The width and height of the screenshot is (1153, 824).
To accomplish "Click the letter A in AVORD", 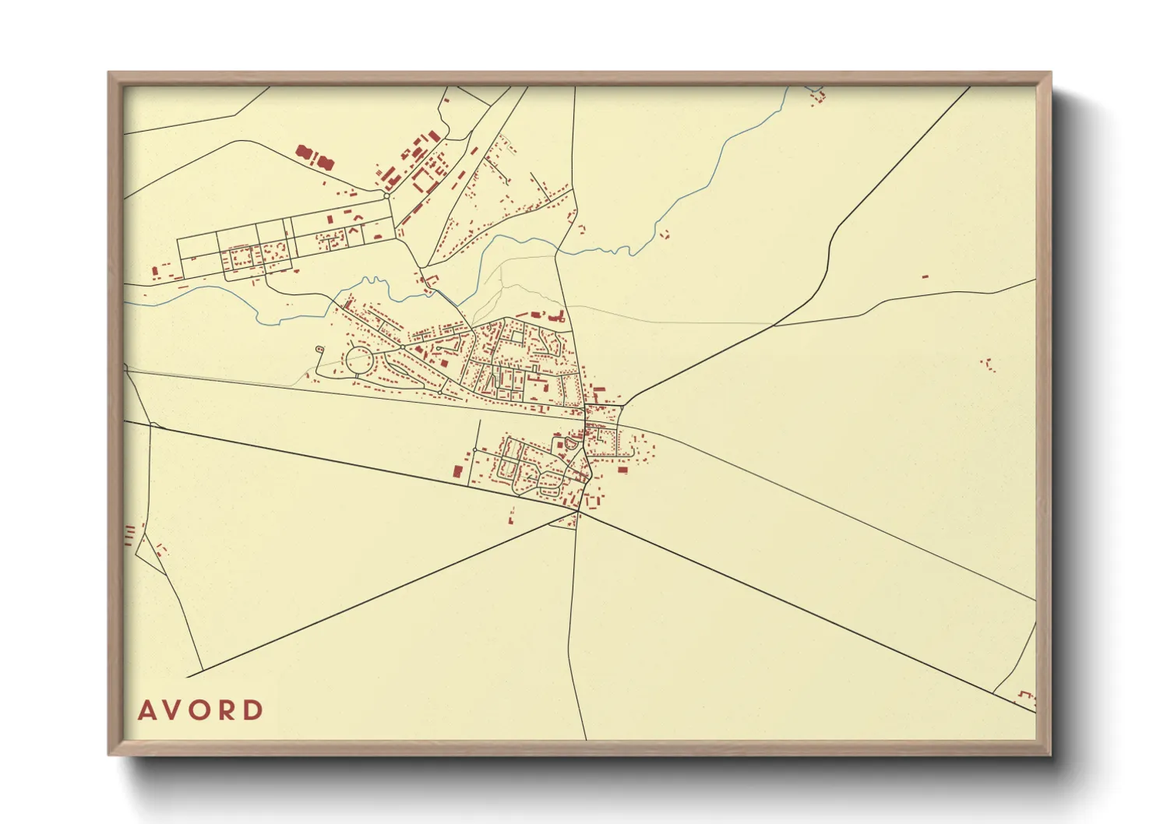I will pyautogui.click(x=146, y=710).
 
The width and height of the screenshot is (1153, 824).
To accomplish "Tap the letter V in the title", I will pyautogui.click(x=174, y=710).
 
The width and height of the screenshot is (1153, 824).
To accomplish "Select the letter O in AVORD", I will pyautogui.click(x=202, y=710).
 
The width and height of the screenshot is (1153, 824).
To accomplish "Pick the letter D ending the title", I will pyautogui.click(x=254, y=710).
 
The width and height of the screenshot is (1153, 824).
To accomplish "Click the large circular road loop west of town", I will pyautogui.click(x=359, y=361).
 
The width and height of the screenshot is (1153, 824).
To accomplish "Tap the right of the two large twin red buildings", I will pyautogui.click(x=323, y=162).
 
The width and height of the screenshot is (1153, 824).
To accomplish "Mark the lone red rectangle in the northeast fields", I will pyautogui.click(x=926, y=276).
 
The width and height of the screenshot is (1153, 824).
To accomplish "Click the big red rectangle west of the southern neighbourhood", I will pyautogui.click(x=457, y=471).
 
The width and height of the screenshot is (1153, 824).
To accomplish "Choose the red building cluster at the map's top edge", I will pyautogui.click(x=817, y=97).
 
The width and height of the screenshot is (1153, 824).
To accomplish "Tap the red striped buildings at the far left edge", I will pyautogui.click(x=129, y=534).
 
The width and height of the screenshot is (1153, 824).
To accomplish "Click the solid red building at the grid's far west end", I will pyautogui.click(x=155, y=272).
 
